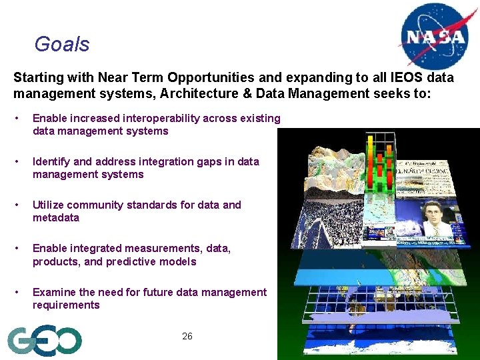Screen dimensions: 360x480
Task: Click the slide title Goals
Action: [x=61, y=45]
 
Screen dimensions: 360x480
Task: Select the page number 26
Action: [x=187, y=336]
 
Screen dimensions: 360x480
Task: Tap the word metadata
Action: [x=56, y=218]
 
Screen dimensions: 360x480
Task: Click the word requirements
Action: [x=66, y=305]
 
